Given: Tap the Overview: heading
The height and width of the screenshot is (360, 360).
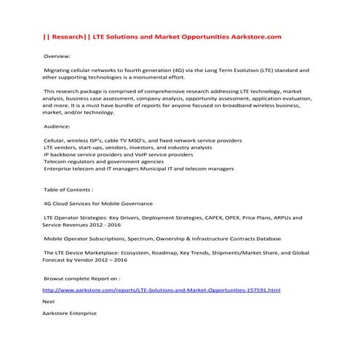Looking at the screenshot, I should click(x=58, y=55).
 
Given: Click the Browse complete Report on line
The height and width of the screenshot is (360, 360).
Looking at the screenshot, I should click(x=82, y=278).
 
